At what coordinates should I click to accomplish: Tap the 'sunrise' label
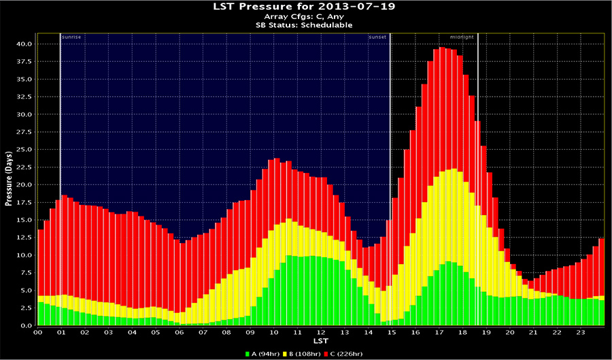tap(71, 36)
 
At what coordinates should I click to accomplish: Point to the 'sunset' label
tap(377, 36)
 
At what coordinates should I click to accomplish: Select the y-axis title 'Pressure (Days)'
tap(9, 178)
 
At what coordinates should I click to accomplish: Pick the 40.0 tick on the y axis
tap(23, 44)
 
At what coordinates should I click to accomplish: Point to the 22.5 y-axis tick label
tap(23, 167)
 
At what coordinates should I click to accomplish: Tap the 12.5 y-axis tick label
tap(23, 238)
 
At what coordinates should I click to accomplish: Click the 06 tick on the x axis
tap(180, 333)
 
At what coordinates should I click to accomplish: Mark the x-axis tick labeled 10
tap(274, 333)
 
